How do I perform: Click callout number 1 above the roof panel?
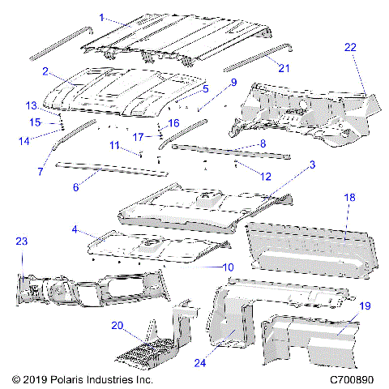(x=101, y=17)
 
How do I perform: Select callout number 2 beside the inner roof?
(x=46, y=71)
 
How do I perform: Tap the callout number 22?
(x=349, y=48)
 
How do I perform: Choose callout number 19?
(x=364, y=306)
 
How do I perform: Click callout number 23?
(x=21, y=241)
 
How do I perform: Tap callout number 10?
(x=229, y=267)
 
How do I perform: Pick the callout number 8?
(x=262, y=143)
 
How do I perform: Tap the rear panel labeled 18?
(x=304, y=247)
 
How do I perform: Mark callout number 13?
(x=32, y=106)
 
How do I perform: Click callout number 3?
(x=312, y=165)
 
